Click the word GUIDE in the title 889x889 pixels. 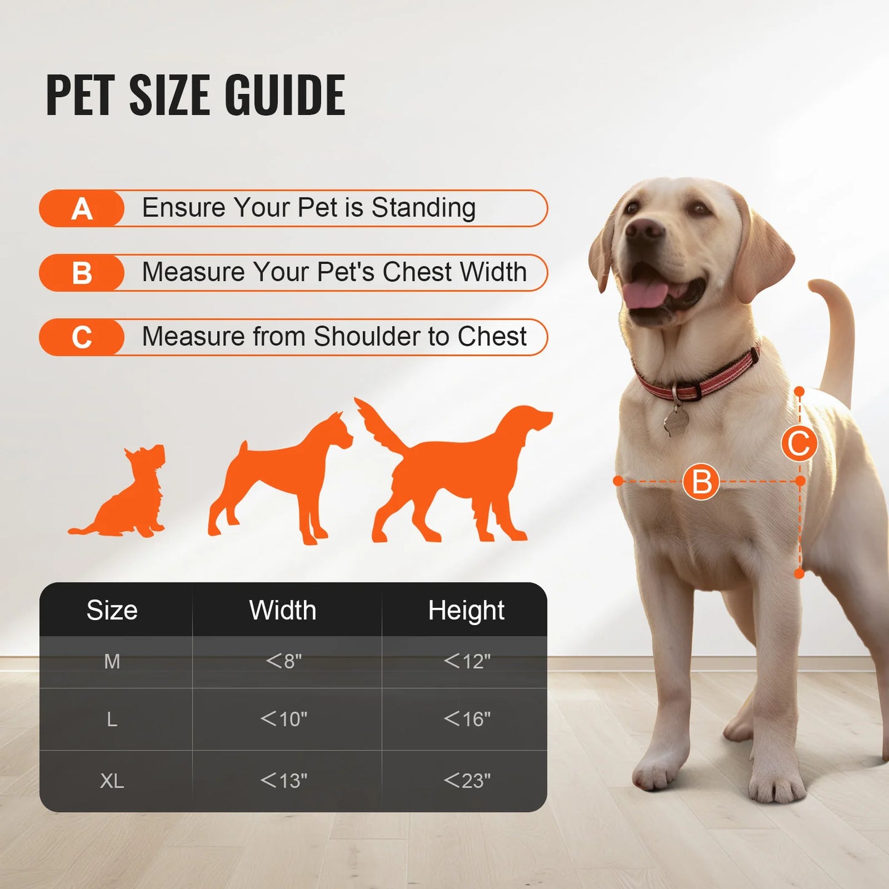284,95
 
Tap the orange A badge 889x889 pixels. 82,209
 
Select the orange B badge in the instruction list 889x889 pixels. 82,273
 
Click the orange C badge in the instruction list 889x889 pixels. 82,338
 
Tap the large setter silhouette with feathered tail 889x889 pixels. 455,474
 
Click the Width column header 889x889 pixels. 282,610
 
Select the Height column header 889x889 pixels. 466,610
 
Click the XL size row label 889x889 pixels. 112,781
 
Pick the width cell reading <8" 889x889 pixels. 284,661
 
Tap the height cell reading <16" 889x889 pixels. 467,719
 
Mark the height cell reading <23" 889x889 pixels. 467,781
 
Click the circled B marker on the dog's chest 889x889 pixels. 701,482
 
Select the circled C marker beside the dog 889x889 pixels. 799,443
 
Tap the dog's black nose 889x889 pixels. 644,229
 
